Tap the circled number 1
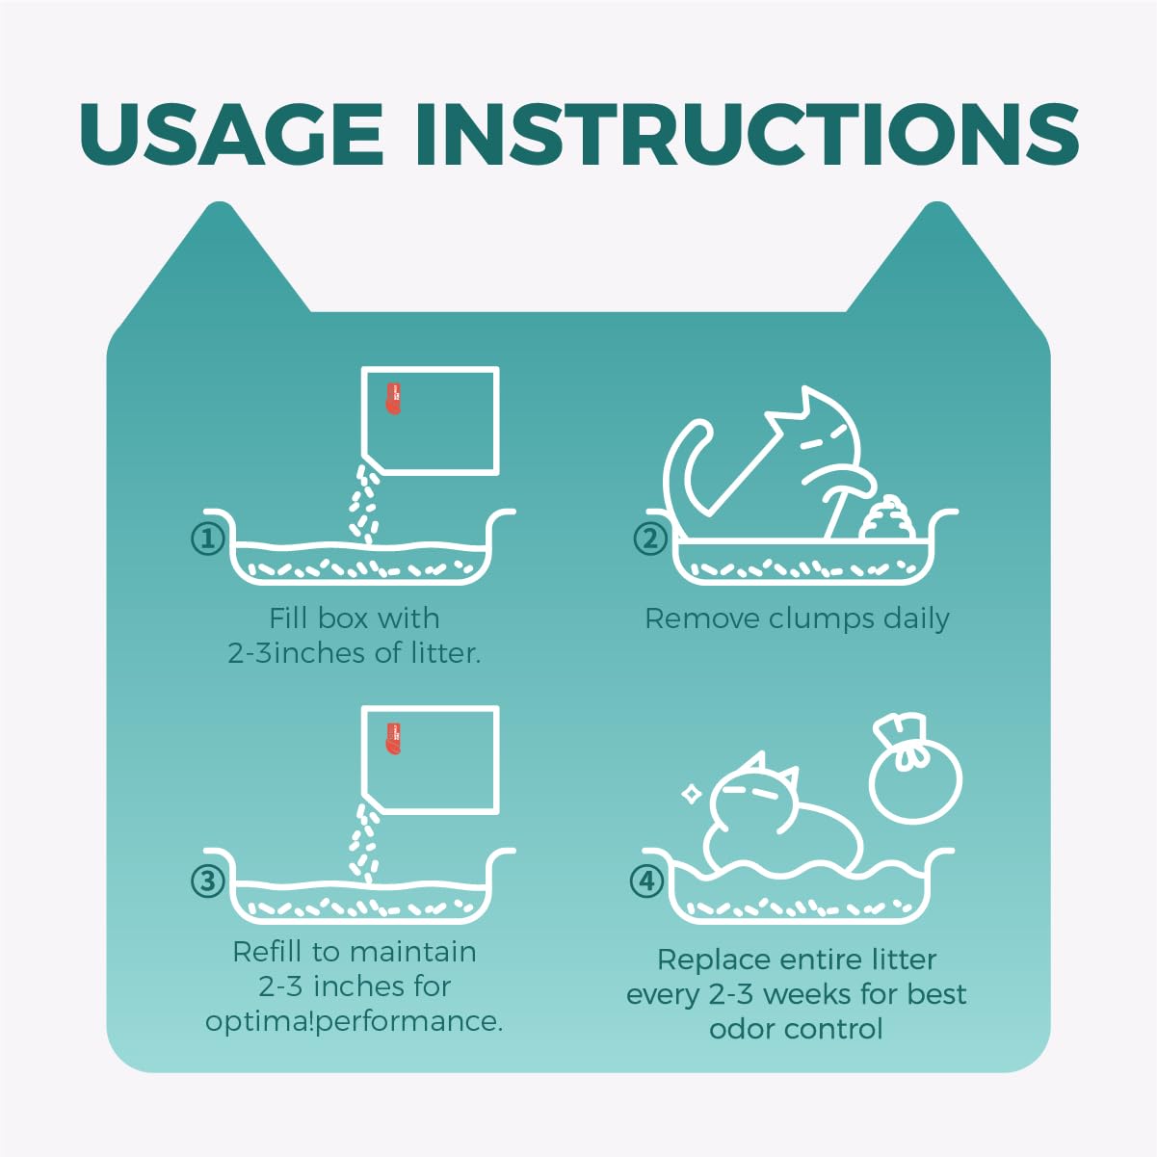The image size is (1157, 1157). pyautogui.click(x=208, y=539)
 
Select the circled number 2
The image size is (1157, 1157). pyautogui.click(x=650, y=539)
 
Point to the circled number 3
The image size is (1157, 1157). pyautogui.click(x=208, y=881)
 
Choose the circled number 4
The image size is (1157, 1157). pyautogui.click(x=646, y=881)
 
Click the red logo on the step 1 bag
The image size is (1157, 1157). pyautogui.click(x=393, y=398)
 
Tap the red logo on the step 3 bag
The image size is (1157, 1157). pyautogui.click(x=393, y=739)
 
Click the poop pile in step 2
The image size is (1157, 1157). pyautogui.click(x=888, y=517)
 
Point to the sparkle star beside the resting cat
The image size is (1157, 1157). pyautogui.click(x=692, y=795)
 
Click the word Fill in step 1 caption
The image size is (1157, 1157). pyautogui.click(x=288, y=618)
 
